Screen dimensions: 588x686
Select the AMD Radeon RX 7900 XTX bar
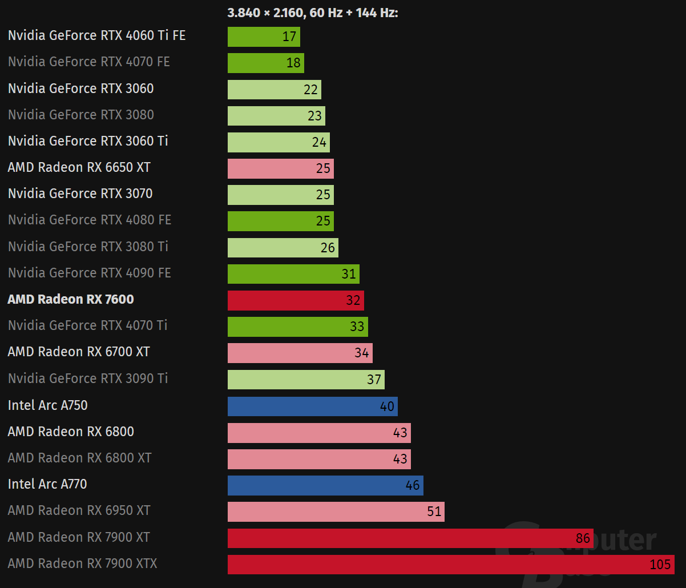coord(451,564)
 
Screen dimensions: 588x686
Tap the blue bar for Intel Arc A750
coord(312,406)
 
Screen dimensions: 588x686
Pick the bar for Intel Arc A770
coord(325,485)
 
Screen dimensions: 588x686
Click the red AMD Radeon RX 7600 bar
coord(296,300)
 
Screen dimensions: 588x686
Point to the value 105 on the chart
coord(660,565)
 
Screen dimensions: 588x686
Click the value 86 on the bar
coord(583,538)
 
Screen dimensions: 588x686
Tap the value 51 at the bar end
coord(434,512)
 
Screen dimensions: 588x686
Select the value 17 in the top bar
coord(289,37)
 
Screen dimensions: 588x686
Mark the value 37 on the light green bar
coord(374,380)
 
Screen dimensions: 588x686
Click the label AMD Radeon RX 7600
coord(71,300)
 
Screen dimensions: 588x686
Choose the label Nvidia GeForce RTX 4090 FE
coord(90,273)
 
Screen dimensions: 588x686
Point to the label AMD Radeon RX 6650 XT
coord(79,168)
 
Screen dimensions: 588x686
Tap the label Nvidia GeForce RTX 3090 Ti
coord(88,378)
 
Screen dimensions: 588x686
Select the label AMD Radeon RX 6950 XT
coord(79,510)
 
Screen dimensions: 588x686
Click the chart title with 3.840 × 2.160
coord(312,13)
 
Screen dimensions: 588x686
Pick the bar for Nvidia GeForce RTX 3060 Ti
coord(279,142)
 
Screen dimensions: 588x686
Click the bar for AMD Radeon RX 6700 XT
coord(300,353)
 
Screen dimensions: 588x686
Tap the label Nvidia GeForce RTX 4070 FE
coord(89,62)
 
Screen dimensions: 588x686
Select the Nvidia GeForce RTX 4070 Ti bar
coord(297,327)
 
